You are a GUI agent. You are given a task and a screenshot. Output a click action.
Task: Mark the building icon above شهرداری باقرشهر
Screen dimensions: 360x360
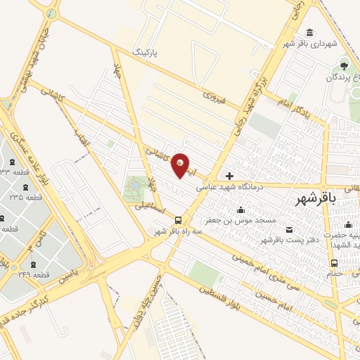coord(310,33)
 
